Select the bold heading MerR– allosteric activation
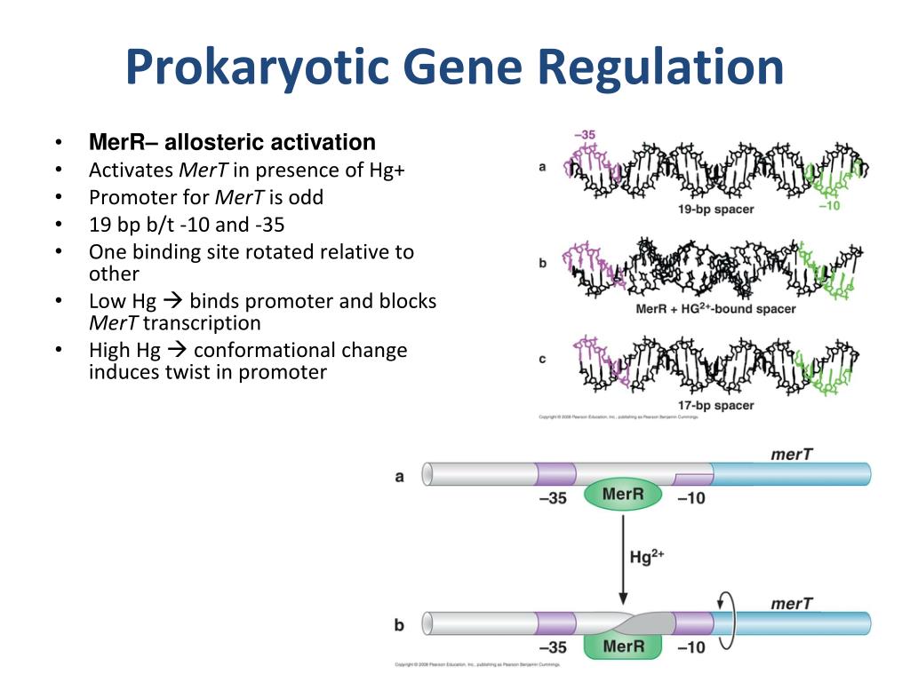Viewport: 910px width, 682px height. click(x=232, y=142)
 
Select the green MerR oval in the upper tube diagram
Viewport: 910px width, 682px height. click(x=623, y=494)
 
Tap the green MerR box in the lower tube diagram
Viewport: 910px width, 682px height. click(x=623, y=646)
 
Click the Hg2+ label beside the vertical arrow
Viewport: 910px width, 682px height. click(x=647, y=557)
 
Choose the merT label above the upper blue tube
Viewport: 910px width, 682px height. click(x=791, y=455)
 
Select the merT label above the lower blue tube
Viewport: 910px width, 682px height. click(x=791, y=604)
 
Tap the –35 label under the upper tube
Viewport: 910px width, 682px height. click(x=552, y=498)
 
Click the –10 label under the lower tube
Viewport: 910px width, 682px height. click(x=690, y=647)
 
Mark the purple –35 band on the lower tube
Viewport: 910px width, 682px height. click(x=555, y=622)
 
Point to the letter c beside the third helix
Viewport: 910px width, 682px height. click(x=542, y=359)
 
